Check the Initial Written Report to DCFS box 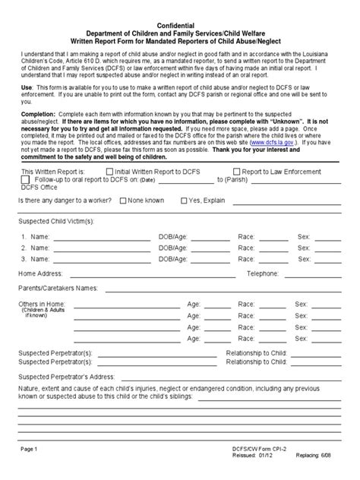110,172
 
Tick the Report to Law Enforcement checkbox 237,172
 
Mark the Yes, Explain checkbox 184,201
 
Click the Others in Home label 41,304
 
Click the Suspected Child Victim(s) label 55,221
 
